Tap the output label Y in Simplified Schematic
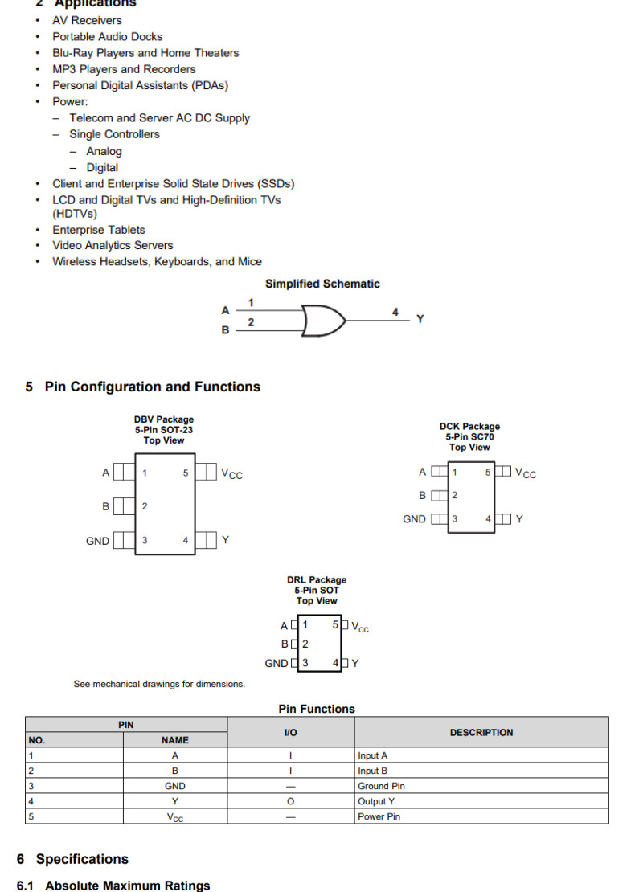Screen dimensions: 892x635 pyautogui.click(x=420, y=319)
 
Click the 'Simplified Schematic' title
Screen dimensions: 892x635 pyautogui.click(x=322, y=284)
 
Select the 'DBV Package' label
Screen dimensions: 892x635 pyautogui.click(x=163, y=419)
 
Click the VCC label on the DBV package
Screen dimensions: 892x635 pyautogui.click(x=231, y=473)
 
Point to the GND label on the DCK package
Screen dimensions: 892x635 pyautogui.click(x=414, y=519)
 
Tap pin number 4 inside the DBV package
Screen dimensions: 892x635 pyautogui.click(x=185, y=540)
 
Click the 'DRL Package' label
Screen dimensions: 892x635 pyautogui.click(x=317, y=580)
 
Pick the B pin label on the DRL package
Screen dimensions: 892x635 pyautogui.click(x=285, y=644)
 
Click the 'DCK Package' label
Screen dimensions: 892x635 pyautogui.click(x=469, y=427)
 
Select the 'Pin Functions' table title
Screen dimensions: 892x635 pyautogui.click(x=317, y=709)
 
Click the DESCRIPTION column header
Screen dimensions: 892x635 pyautogui.click(x=481, y=732)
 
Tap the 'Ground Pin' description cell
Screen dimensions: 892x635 pyautogui.click(x=381, y=786)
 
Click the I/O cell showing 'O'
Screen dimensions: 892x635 pyautogui.click(x=291, y=801)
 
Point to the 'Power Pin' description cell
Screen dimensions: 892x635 pyautogui.click(x=379, y=816)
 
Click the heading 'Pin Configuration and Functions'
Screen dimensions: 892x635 pyautogui.click(x=152, y=387)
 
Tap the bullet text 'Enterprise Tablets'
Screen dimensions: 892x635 pyautogui.click(x=99, y=230)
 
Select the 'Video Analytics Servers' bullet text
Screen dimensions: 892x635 pyautogui.click(x=113, y=245)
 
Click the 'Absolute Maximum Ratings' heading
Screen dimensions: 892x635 pyautogui.click(x=127, y=885)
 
